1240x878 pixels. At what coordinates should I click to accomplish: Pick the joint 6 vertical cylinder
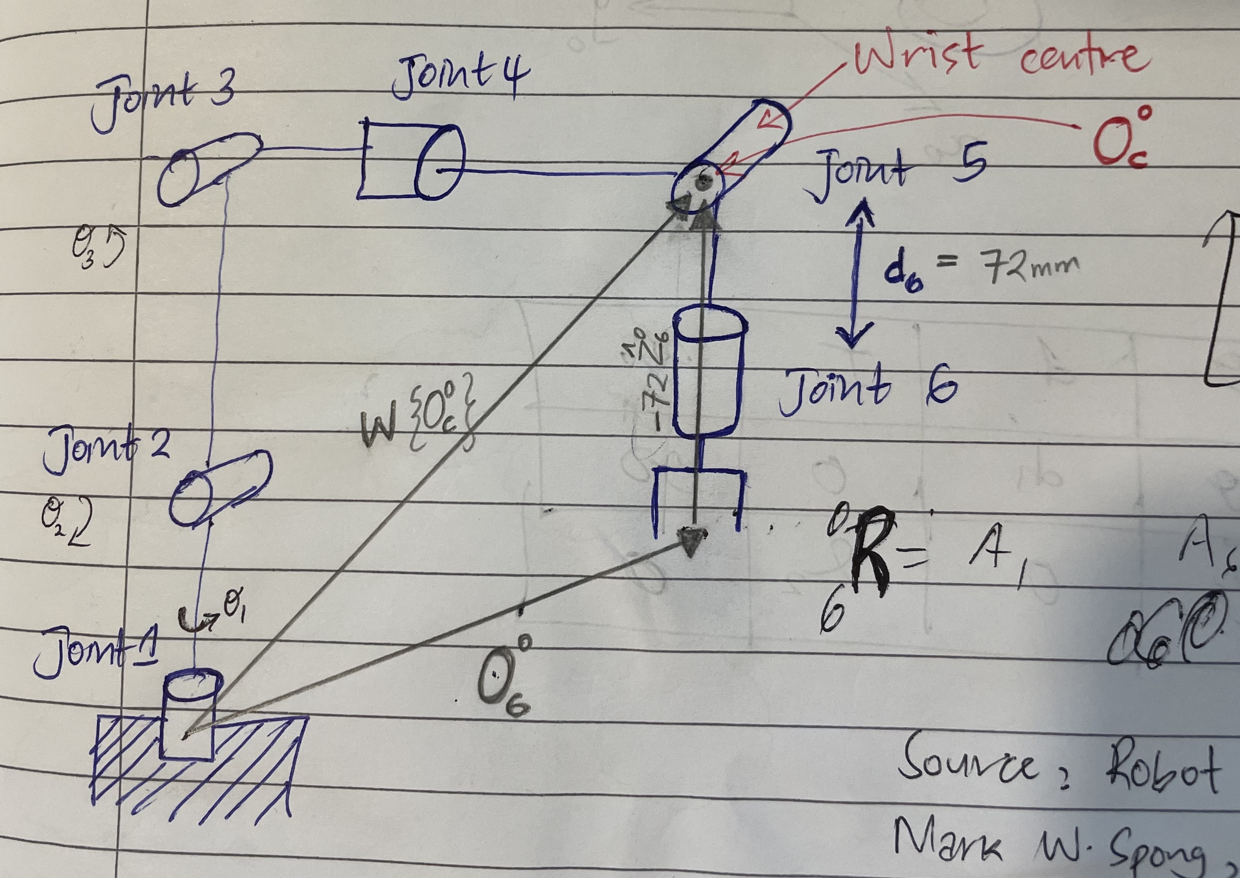coord(708,373)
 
